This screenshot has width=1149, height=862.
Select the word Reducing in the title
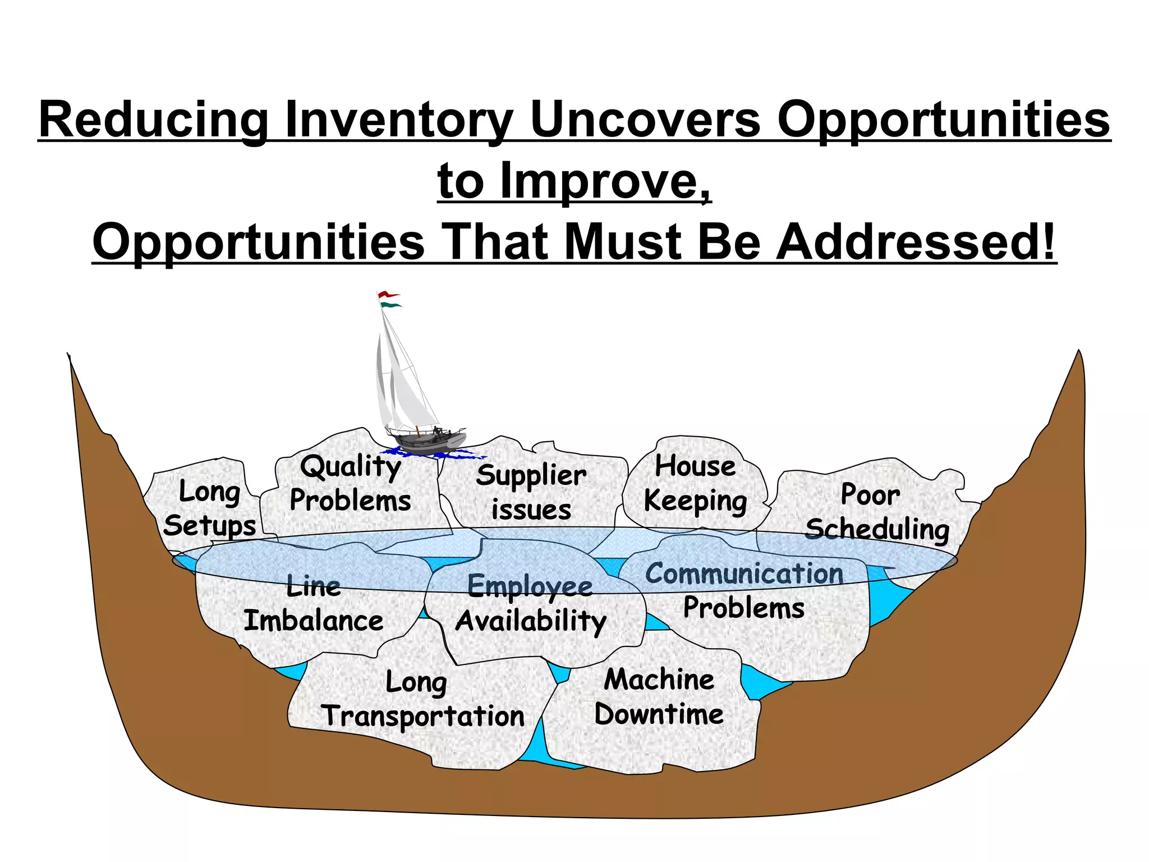click(153, 120)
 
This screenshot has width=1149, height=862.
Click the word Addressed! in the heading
click(916, 242)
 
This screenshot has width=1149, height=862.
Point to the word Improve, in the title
click(605, 181)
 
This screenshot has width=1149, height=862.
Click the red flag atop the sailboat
click(388, 294)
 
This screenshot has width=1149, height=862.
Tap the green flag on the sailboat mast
click(391, 305)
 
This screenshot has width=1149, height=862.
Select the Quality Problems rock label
click(350, 483)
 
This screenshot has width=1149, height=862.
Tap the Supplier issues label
click(531, 492)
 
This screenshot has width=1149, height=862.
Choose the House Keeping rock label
click(695, 483)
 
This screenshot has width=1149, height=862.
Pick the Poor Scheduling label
click(876, 512)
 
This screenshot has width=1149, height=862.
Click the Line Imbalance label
click(314, 604)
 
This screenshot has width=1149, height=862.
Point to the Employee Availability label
click(531, 604)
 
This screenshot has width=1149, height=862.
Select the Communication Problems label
click(744, 590)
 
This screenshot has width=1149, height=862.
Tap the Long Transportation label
click(422, 699)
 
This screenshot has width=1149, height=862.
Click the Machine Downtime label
click(659, 696)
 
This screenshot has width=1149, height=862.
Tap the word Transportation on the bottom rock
click(422, 717)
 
